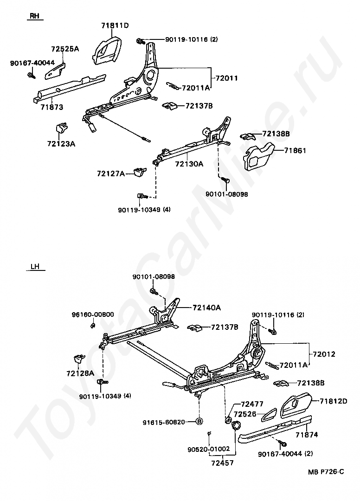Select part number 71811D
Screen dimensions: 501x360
pos(115,25)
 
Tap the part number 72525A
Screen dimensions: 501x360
pos(64,49)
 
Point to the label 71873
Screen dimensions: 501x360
pos(51,107)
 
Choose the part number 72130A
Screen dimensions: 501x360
pos(189,164)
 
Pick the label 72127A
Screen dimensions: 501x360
pos(111,173)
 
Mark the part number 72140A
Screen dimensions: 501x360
pos(207,308)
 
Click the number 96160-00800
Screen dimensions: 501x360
pos(93,314)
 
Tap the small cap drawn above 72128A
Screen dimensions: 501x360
pos(79,358)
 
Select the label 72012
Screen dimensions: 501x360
pos(324,354)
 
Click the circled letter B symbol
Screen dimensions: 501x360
pos(199,422)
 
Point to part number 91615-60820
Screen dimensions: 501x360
pos(170,422)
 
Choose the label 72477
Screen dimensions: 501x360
pos(252,405)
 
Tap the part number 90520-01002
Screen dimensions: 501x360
pos(209,449)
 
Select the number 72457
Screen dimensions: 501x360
pos(222,462)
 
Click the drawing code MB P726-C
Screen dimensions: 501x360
pos(326,472)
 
